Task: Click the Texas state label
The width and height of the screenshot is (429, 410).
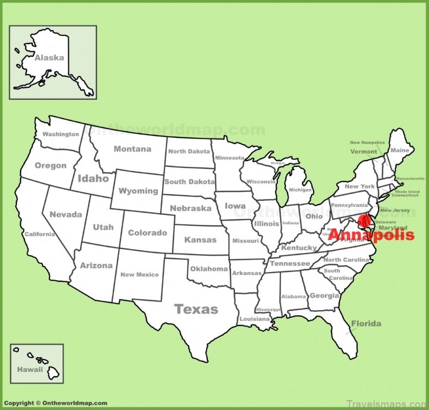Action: [196, 310]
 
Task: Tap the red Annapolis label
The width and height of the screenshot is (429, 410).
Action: [371, 236]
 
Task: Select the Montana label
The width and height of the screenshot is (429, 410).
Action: [132, 149]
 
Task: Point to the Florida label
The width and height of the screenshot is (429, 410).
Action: [366, 323]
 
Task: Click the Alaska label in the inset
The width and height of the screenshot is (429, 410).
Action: [49, 58]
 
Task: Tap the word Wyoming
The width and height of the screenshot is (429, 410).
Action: [139, 191]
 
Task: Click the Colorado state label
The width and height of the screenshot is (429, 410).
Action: [147, 233]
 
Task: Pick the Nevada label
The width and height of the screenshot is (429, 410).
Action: [66, 215]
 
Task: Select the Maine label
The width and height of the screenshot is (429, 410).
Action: [400, 150]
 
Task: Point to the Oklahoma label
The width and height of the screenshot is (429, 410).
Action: [209, 269]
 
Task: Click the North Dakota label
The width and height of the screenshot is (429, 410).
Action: [189, 152]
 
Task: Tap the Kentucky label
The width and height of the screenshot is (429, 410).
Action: [299, 248]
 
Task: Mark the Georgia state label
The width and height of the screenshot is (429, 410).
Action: [323, 296]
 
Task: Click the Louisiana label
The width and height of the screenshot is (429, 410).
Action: [254, 318]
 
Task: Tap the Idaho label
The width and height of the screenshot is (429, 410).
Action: [93, 178]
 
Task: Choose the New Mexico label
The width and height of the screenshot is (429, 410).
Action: [139, 275]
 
